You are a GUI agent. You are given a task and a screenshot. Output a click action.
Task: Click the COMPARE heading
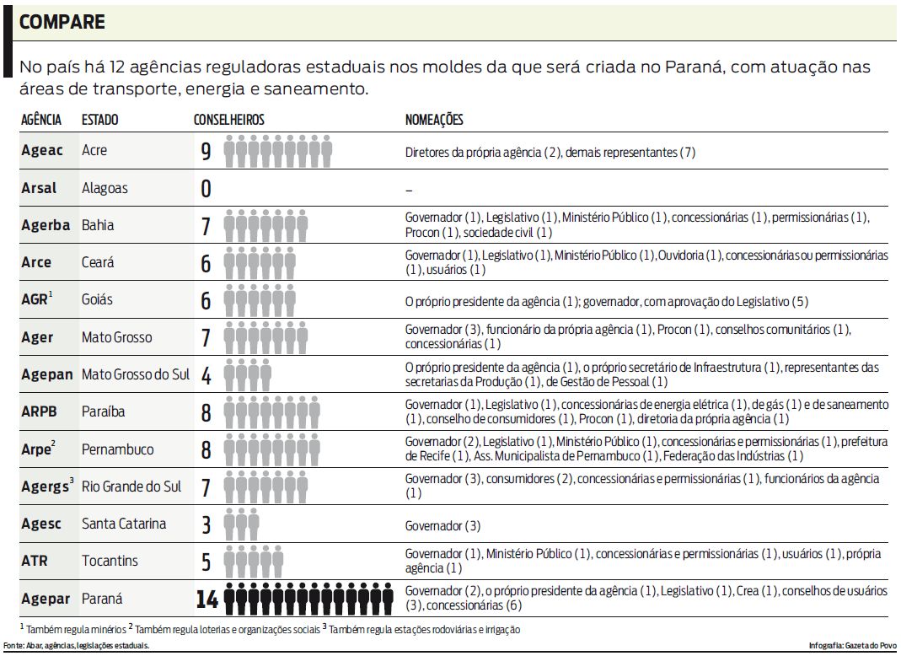coord(62,22)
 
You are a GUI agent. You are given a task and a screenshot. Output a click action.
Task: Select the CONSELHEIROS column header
coord(228,121)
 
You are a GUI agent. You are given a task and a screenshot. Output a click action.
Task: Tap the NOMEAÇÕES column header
coord(434,121)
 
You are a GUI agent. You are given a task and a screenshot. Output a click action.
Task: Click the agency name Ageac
coord(42,151)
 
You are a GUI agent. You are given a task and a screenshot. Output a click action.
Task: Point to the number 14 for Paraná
coord(206,600)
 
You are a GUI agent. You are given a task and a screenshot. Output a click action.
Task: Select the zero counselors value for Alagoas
coord(206,188)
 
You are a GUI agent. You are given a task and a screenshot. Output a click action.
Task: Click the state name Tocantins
coord(110,561)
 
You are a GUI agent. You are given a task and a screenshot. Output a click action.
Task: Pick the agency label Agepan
coord(47,374)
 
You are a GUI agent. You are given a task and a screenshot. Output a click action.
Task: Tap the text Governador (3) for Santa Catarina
coord(442,525)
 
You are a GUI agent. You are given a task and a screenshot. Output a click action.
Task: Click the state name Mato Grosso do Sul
coord(136,374)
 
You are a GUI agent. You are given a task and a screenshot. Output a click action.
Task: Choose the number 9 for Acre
coord(206,152)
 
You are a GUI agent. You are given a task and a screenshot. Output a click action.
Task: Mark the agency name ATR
coord(35,561)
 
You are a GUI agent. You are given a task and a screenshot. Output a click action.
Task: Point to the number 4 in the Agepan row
coord(206,375)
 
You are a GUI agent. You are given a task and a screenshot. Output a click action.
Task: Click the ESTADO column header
coord(99,121)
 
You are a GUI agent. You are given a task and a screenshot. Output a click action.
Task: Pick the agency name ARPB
coord(38,412)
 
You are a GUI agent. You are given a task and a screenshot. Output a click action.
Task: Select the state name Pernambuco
coord(118,449)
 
